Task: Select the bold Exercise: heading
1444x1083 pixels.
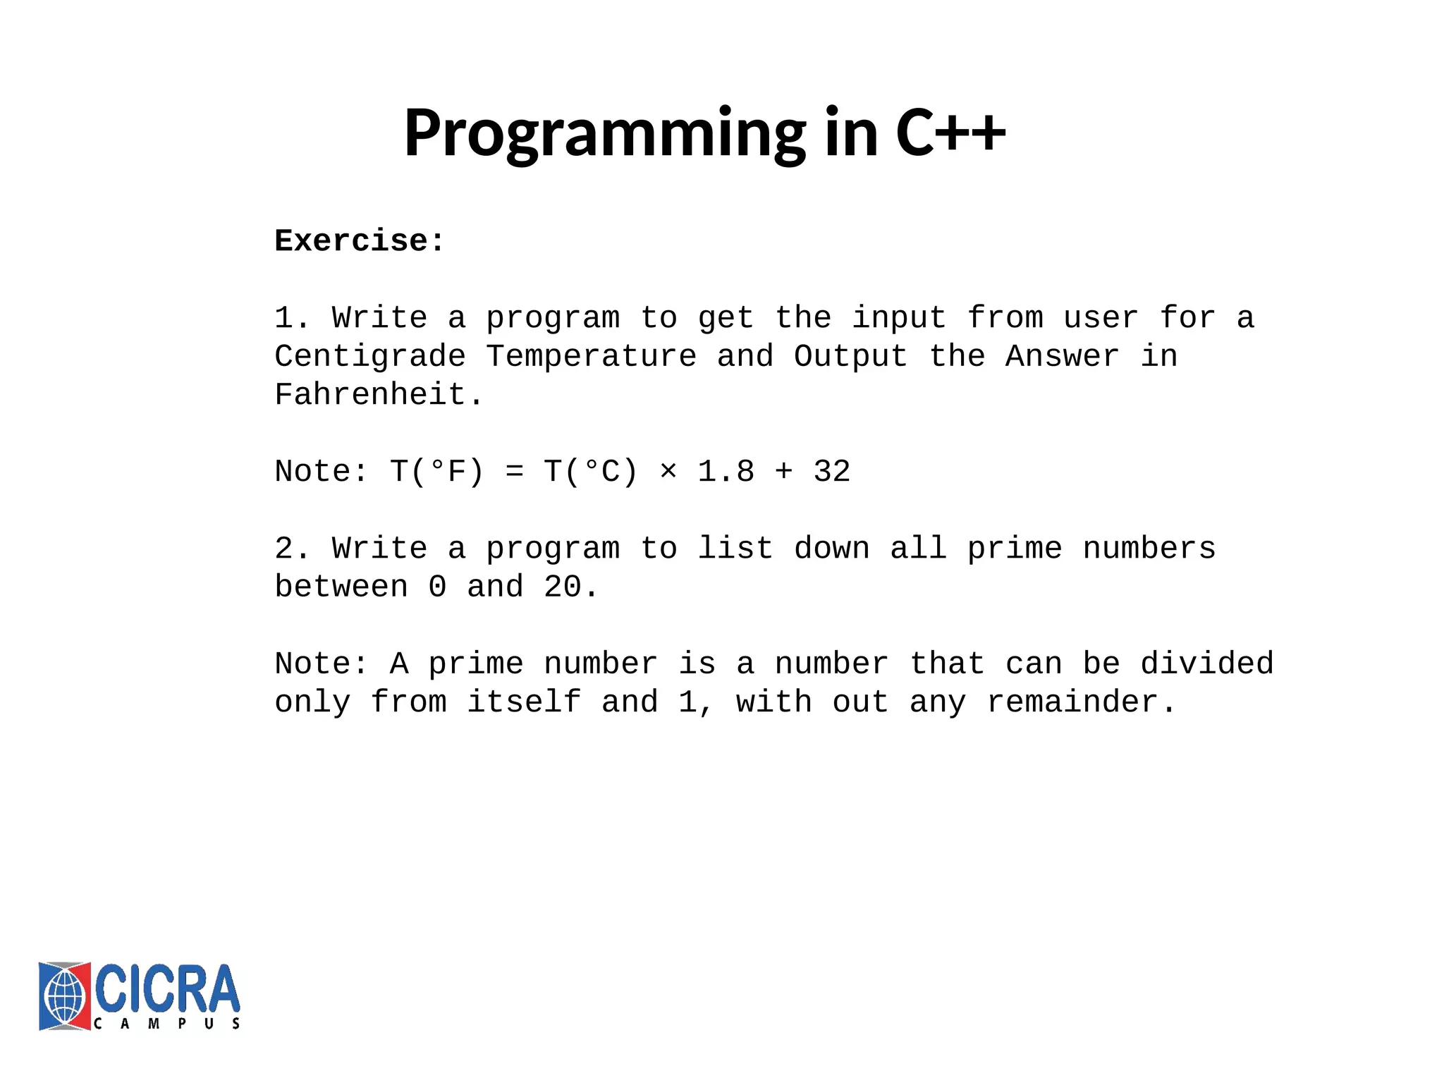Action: pos(359,241)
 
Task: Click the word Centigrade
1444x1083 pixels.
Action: pos(370,357)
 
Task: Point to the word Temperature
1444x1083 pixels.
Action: pos(591,357)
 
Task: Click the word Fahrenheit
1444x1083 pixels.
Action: pos(370,395)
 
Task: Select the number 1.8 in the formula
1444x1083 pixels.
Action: pos(726,472)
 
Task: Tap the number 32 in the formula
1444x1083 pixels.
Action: pos(831,472)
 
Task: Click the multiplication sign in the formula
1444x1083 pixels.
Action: pos(668,472)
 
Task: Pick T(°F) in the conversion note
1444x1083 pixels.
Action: pos(437,472)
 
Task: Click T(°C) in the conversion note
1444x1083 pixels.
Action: pos(591,472)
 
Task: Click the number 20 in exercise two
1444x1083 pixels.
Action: pos(562,587)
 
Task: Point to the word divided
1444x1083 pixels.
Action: pos(1206,664)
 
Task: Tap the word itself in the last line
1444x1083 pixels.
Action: pos(524,702)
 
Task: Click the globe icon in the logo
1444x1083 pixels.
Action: pos(64,996)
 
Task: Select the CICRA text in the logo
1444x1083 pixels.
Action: pos(167,989)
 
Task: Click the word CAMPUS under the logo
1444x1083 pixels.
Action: pos(167,1024)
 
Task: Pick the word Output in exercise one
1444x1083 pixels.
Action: pos(850,357)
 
